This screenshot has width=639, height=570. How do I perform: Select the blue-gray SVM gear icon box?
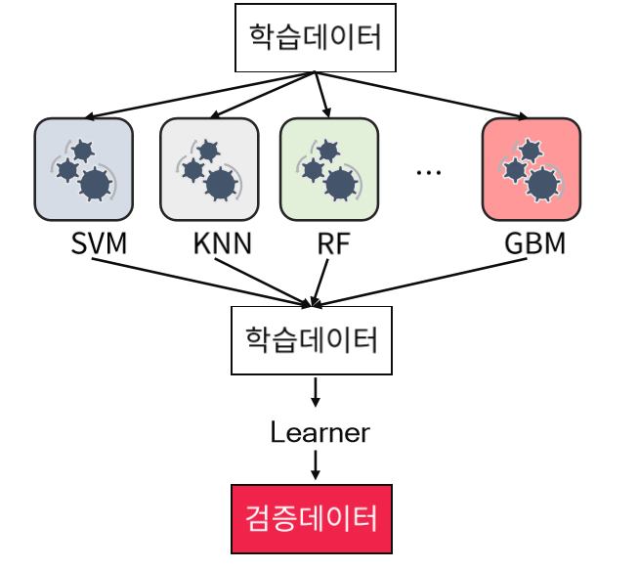click(x=83, y=168)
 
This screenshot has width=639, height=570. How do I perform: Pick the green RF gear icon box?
click(x=328, y=168)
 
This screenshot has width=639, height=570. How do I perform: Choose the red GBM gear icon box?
click(x=531, y=168)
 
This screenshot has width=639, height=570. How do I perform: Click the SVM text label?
click(x=100, y=242)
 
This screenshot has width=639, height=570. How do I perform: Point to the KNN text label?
click(x=221, y=242)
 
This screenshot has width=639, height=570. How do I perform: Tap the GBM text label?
click(x=535, y=242)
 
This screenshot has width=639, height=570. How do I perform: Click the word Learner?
click(x=320, y=431)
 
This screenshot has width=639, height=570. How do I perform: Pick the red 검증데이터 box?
click(x=312, y=517)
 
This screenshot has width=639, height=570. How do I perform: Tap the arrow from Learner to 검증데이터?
click(x=316, y=465)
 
